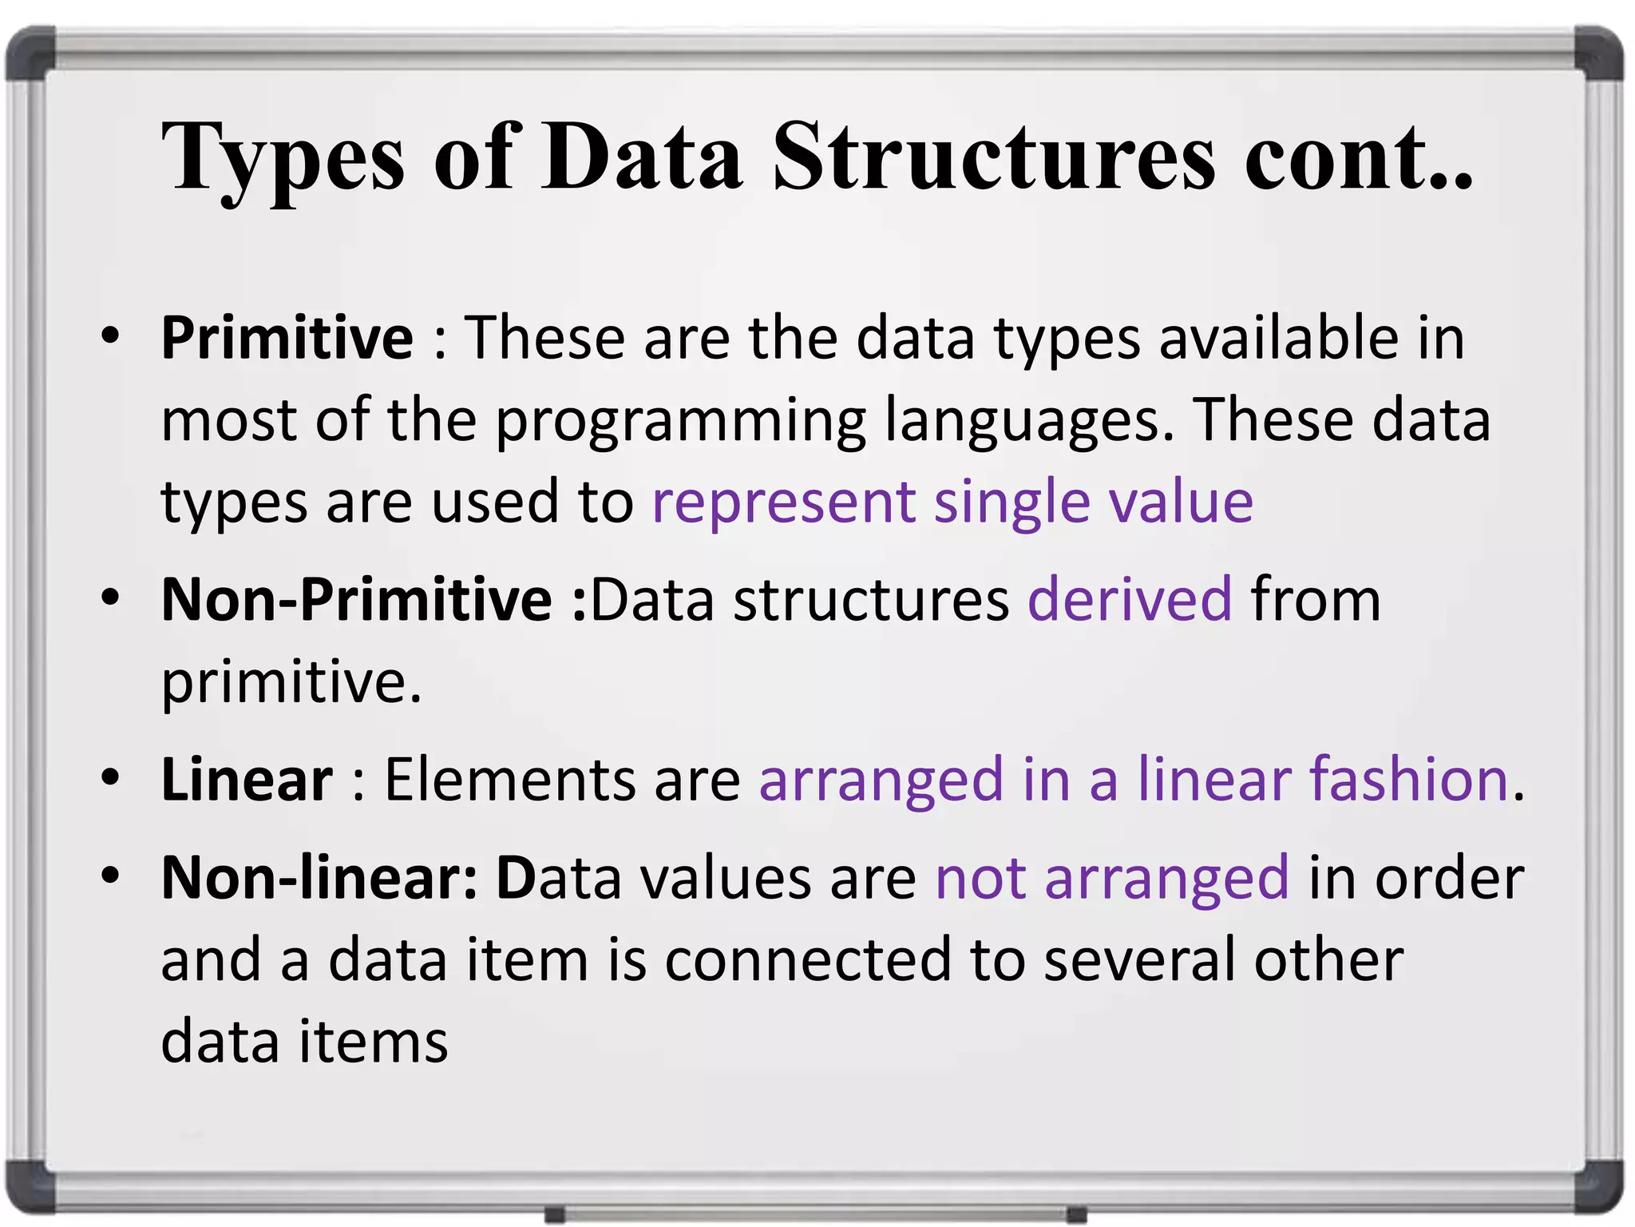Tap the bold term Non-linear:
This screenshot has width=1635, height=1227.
319,878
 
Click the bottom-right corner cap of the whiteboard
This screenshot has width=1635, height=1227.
1599,1185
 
